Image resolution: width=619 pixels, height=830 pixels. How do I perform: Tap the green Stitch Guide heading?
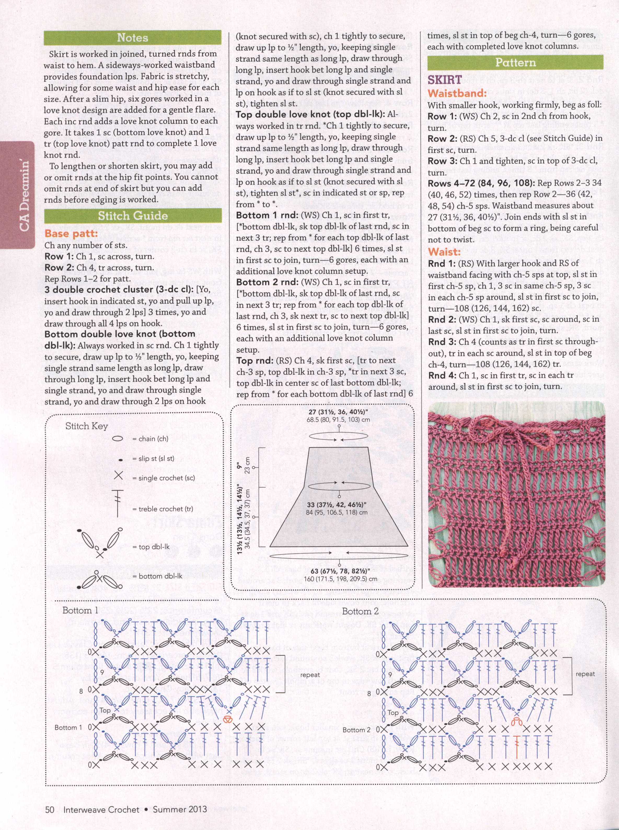133,216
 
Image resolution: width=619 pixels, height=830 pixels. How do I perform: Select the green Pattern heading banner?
515,62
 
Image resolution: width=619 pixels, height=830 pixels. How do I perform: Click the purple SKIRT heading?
445,80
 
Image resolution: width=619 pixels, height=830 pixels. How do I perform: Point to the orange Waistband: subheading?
457,93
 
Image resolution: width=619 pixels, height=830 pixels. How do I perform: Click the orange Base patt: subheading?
71,234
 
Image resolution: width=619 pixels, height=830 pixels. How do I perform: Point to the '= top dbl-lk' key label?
151,547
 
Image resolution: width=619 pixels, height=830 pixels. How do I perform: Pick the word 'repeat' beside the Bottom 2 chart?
585,674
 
